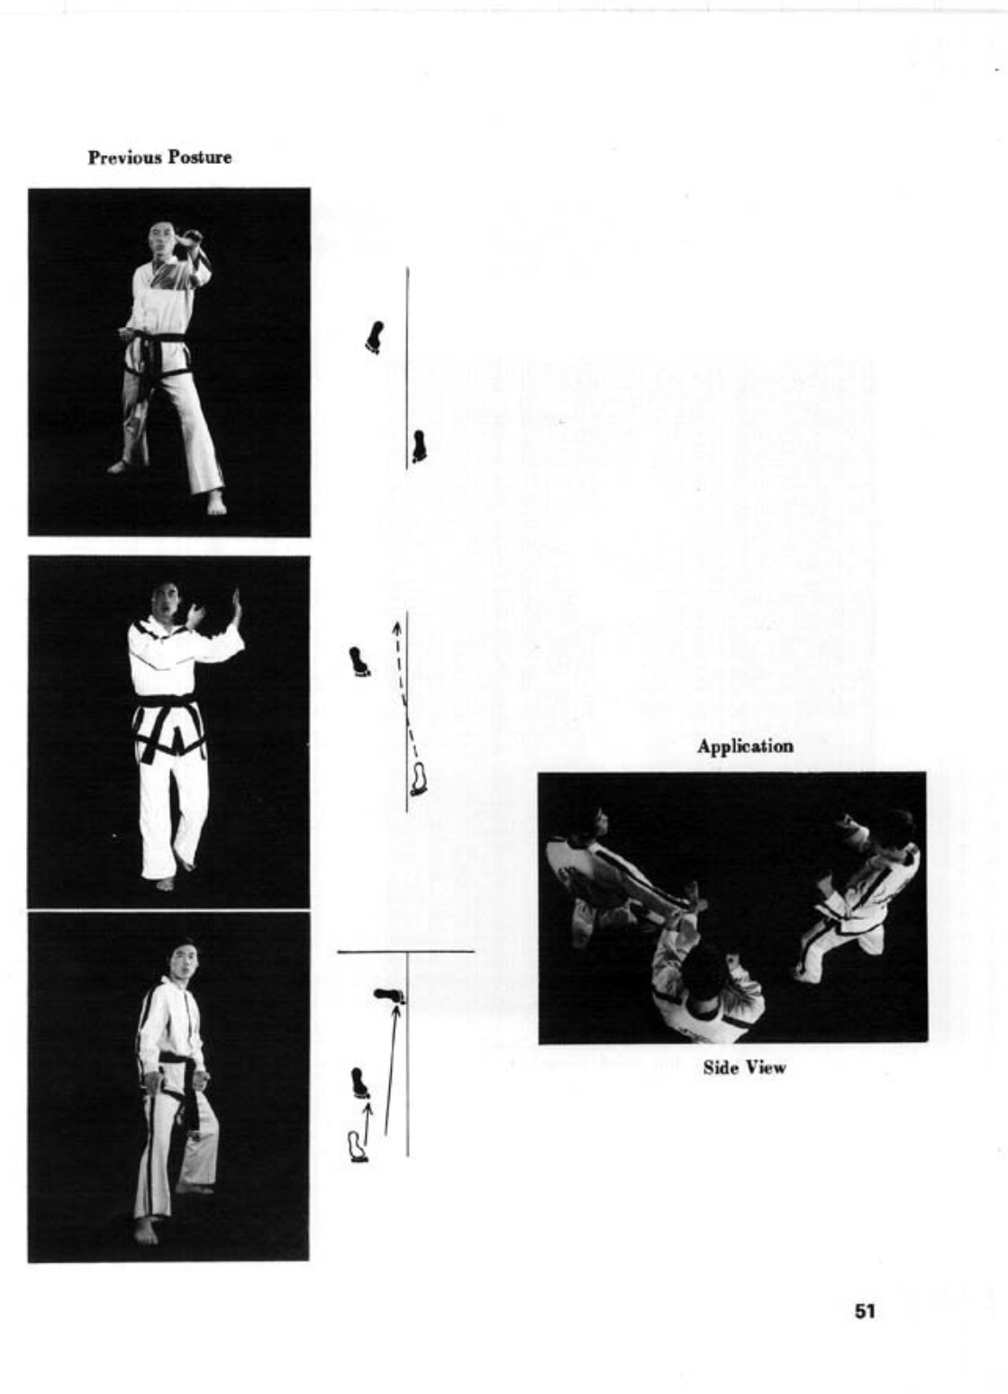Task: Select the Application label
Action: (745, 747)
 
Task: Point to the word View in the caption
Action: (765, 1068)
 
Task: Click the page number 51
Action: (865, 1311)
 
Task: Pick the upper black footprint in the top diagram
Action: (375, 337)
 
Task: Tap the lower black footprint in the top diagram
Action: (419, 446)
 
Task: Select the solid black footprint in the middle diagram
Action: (359, 662)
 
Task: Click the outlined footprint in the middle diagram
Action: (419, 779)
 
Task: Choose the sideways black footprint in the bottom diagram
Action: (389, 996)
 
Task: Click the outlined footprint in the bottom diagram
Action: (358, 1147)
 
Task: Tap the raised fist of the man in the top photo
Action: (191, 239)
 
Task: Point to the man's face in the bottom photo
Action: (183, 962)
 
